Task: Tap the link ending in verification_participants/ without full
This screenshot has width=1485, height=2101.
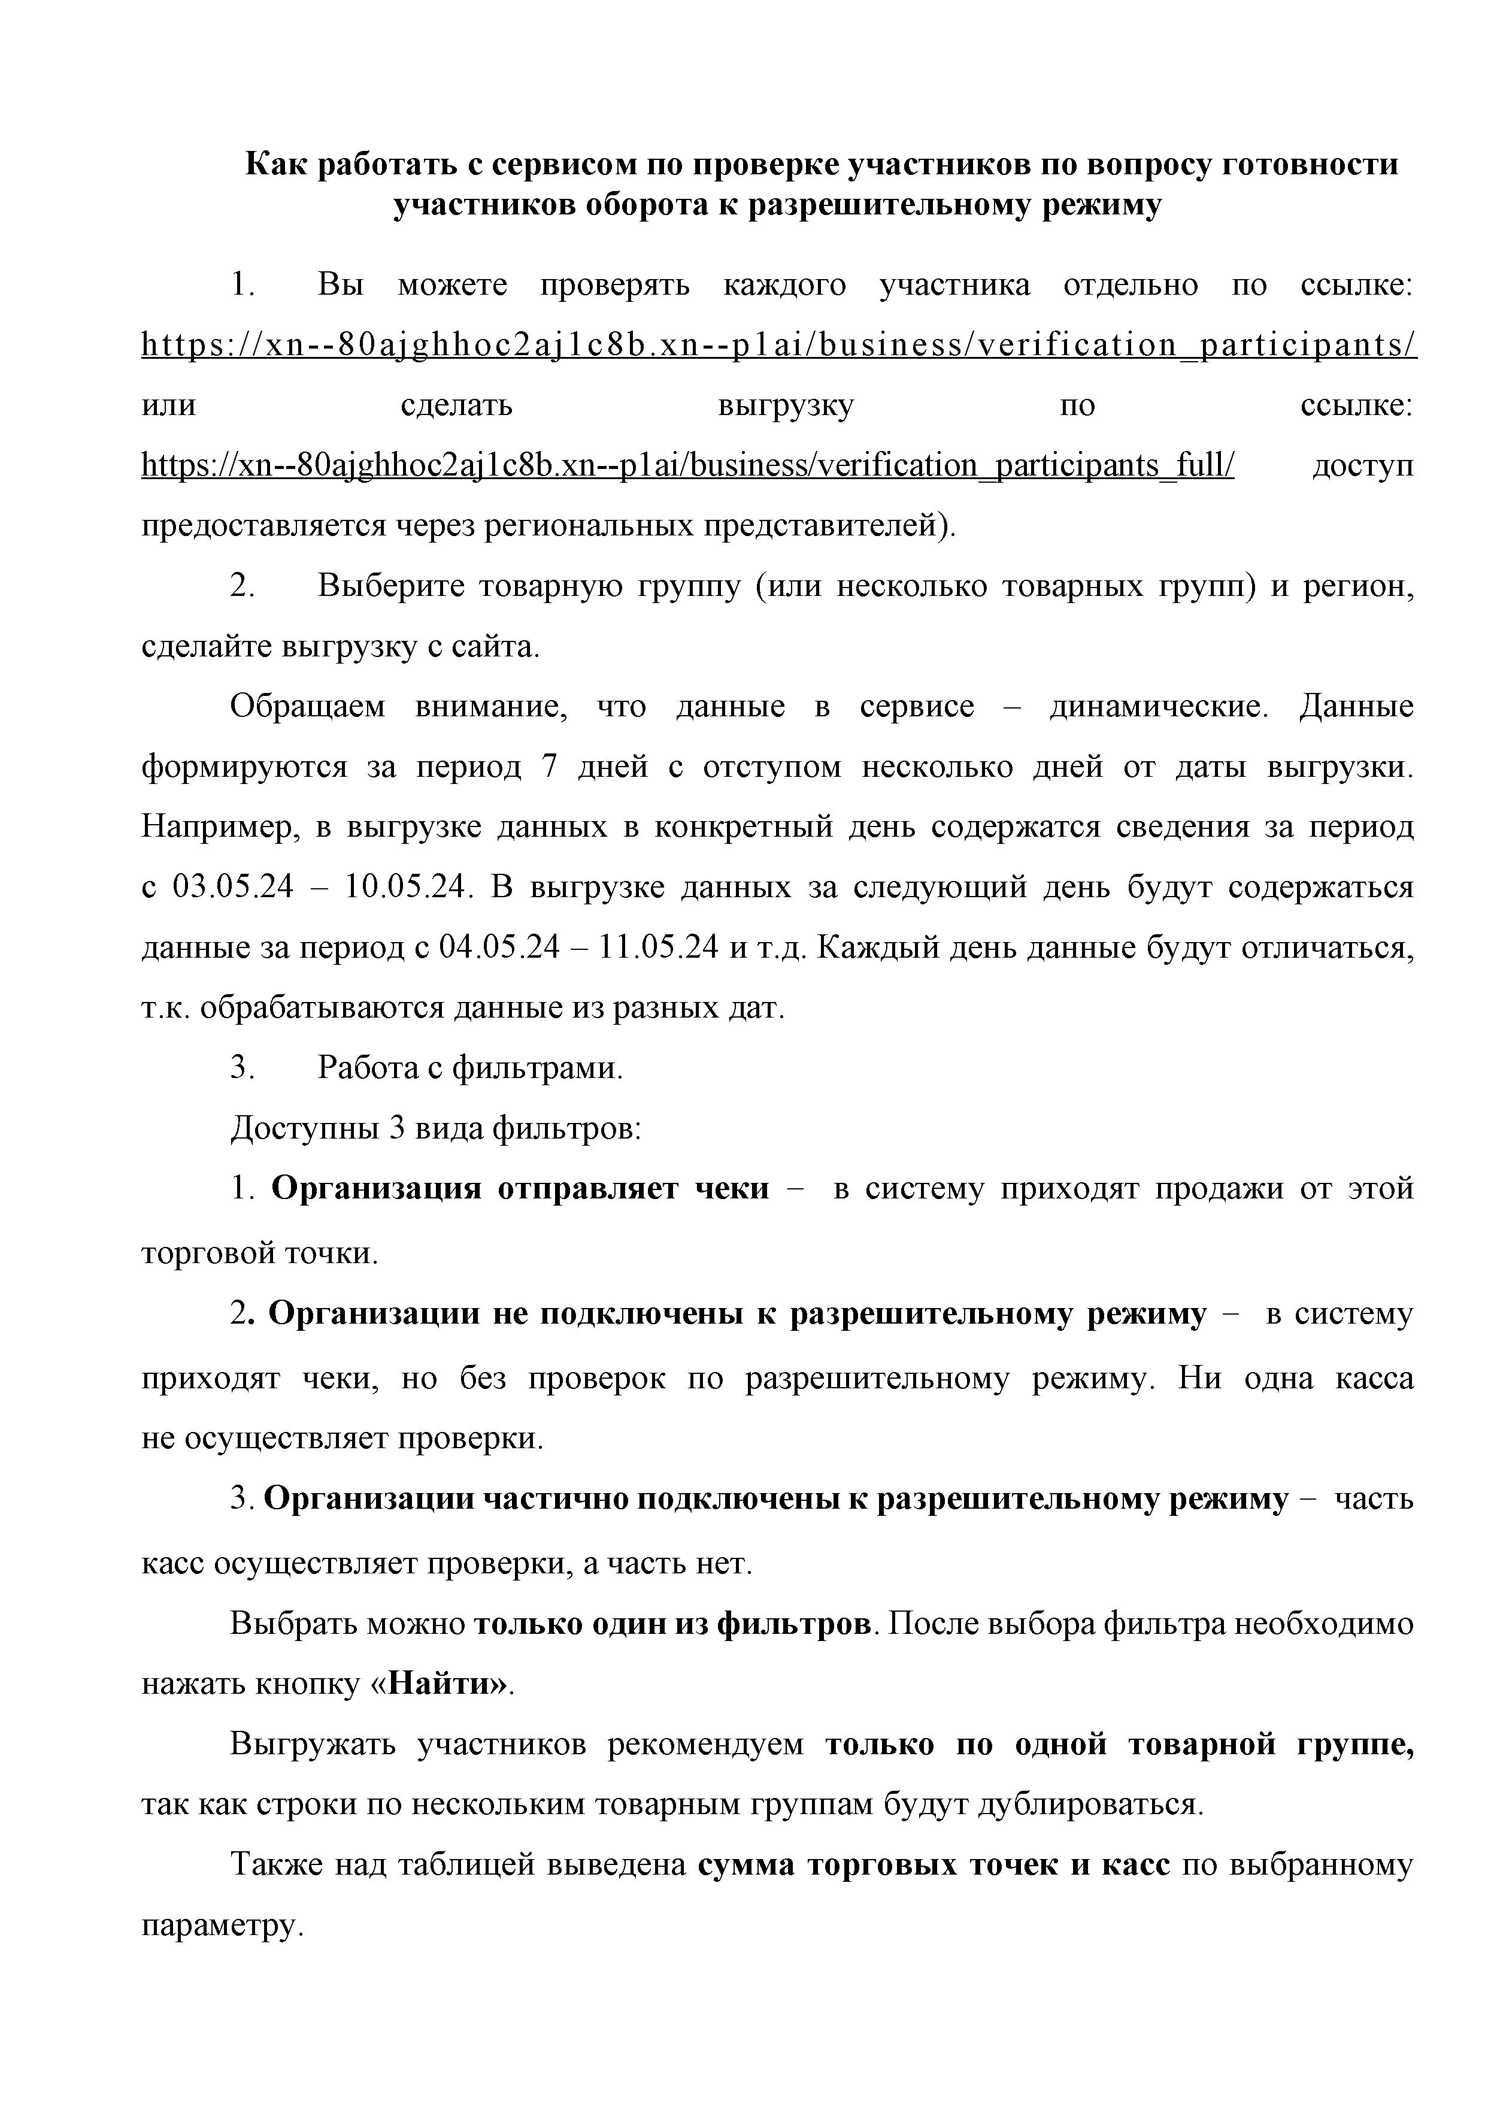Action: click(778, 345)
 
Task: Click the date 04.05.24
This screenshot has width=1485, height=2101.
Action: click(499, 947)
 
